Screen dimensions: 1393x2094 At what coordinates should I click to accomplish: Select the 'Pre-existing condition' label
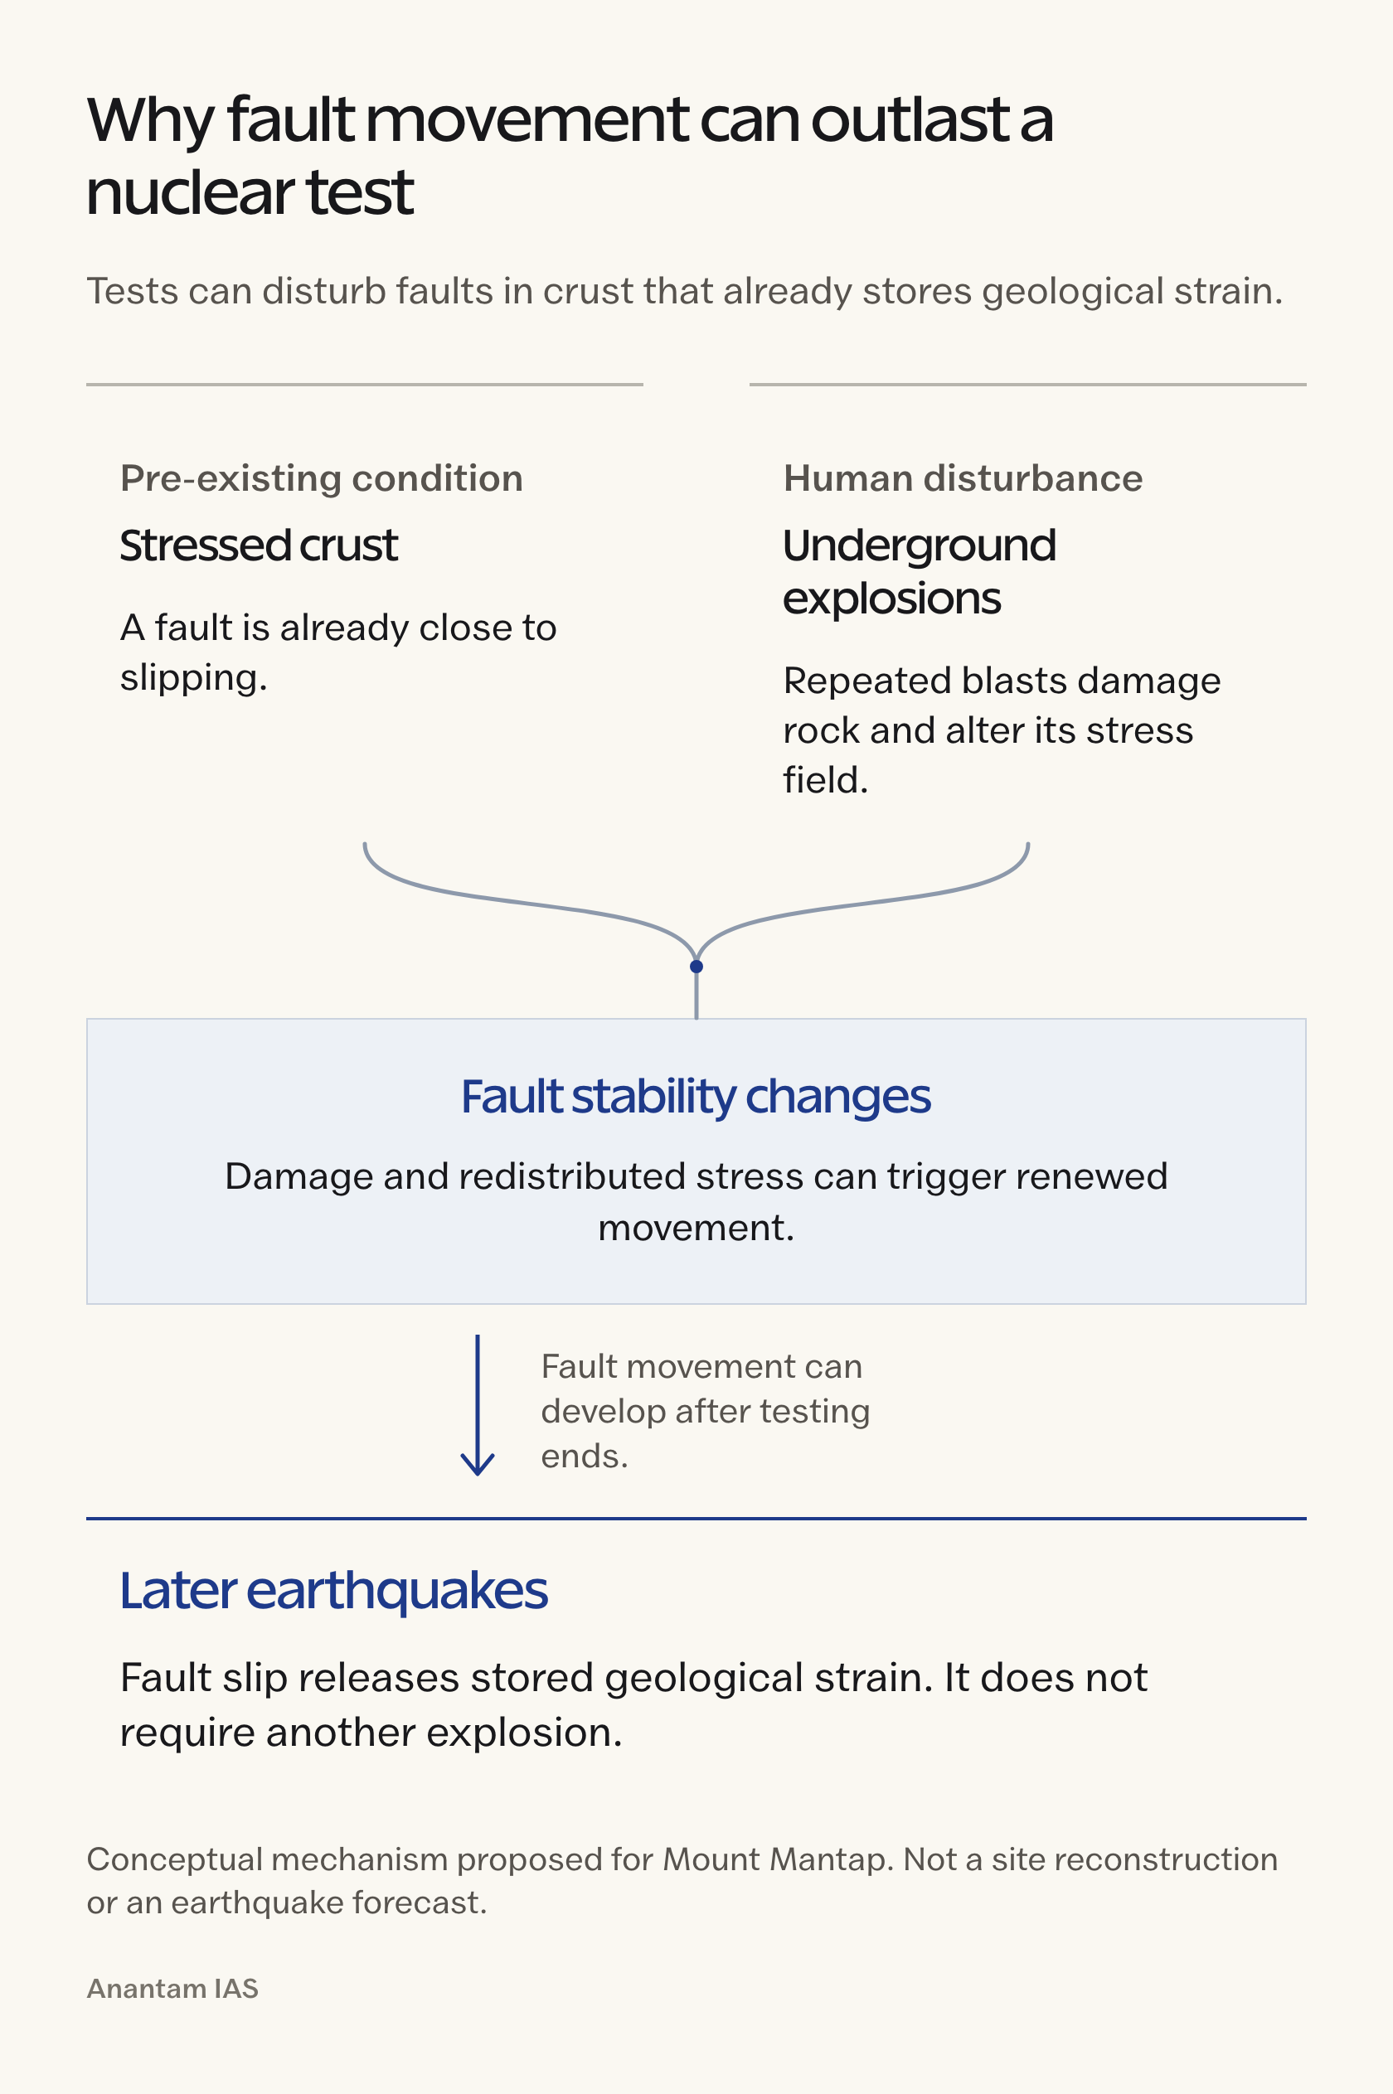click(322, 478)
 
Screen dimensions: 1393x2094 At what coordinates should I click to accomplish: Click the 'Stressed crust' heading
click(259, 545)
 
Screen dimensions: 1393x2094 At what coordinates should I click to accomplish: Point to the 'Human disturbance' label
click(963, 478)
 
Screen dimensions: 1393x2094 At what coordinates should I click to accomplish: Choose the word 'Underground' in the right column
click(920, 545)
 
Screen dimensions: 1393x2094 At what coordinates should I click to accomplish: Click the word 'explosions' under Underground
click(892, 599)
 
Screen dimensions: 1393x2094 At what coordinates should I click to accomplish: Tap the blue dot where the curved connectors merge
click(696, 967)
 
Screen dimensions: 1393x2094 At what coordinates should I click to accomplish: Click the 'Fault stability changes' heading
click(696, 1097)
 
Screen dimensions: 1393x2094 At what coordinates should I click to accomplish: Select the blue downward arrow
click(477, 1405)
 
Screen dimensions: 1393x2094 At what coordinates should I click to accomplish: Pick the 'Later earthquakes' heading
click(334, 1591)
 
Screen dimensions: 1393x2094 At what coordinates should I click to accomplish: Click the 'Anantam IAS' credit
click(172, 1989)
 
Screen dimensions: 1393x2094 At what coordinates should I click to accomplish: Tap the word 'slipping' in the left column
click(194, 678)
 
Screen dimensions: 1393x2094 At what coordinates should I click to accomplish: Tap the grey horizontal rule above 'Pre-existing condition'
click(364, 385)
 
